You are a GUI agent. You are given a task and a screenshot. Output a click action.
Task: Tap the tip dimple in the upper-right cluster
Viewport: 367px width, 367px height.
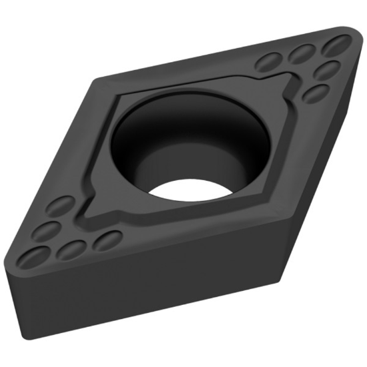(336, 46)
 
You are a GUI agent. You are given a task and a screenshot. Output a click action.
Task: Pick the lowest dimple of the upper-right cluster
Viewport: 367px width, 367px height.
(314, 93)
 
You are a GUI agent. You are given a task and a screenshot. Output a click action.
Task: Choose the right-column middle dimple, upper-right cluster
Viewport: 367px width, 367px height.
(326, 69)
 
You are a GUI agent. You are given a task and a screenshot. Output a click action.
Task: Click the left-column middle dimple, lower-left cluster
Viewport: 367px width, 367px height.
(46, 232)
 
